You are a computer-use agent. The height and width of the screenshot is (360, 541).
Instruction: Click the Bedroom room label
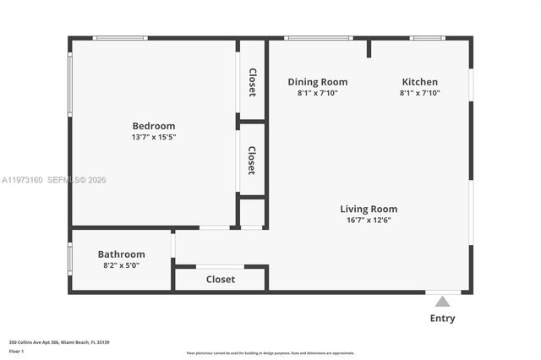point(153,126)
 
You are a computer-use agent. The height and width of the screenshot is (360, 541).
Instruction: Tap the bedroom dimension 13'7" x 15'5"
point(153,137)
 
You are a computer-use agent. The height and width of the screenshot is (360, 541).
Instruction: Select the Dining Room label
point(317,82)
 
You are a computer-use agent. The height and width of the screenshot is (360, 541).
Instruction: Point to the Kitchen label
point(419,82)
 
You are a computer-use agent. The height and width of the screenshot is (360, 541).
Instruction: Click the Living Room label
point(369,209)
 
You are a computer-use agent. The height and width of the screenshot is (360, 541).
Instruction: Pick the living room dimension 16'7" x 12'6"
point(369,220)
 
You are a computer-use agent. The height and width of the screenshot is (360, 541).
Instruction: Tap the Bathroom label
point(121,254)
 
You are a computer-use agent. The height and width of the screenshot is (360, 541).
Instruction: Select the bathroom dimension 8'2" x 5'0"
point(121,265)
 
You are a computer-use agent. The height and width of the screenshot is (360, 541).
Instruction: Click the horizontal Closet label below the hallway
point(221,279)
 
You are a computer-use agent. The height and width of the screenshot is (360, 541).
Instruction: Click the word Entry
point(442,319)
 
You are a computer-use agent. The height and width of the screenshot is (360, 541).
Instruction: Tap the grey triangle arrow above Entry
point(442,302)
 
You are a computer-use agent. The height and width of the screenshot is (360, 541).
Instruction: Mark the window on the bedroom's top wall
point(120,38)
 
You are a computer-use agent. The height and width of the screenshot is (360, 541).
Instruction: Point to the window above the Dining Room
point(318,38)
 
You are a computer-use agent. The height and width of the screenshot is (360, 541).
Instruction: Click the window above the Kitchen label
point(427,38)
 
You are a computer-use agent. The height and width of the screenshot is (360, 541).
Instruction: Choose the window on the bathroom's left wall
point(70,259)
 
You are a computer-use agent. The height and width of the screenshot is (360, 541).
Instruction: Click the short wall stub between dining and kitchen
point(369,48)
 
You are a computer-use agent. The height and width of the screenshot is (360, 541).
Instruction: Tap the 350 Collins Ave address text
point(59,342)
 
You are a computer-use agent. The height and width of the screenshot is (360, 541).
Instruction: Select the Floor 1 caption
point(16,350)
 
